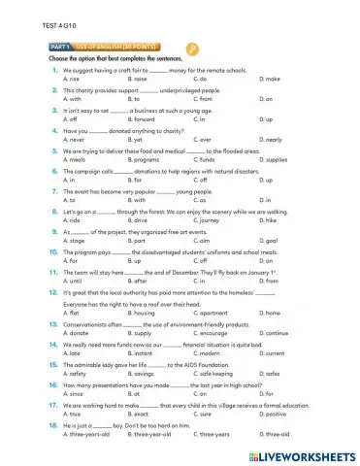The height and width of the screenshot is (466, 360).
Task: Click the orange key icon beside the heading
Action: click(x=193, y=50)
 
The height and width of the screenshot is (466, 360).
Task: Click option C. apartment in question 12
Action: click(x=213, y=314)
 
